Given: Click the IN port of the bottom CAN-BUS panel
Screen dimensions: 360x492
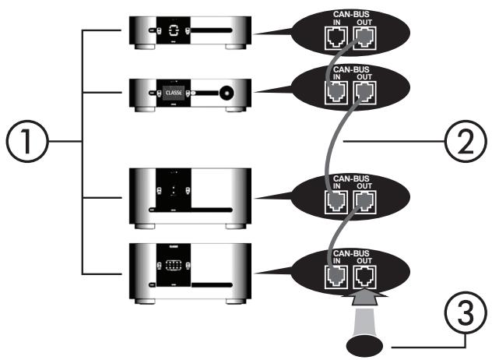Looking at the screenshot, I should point(336,274).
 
